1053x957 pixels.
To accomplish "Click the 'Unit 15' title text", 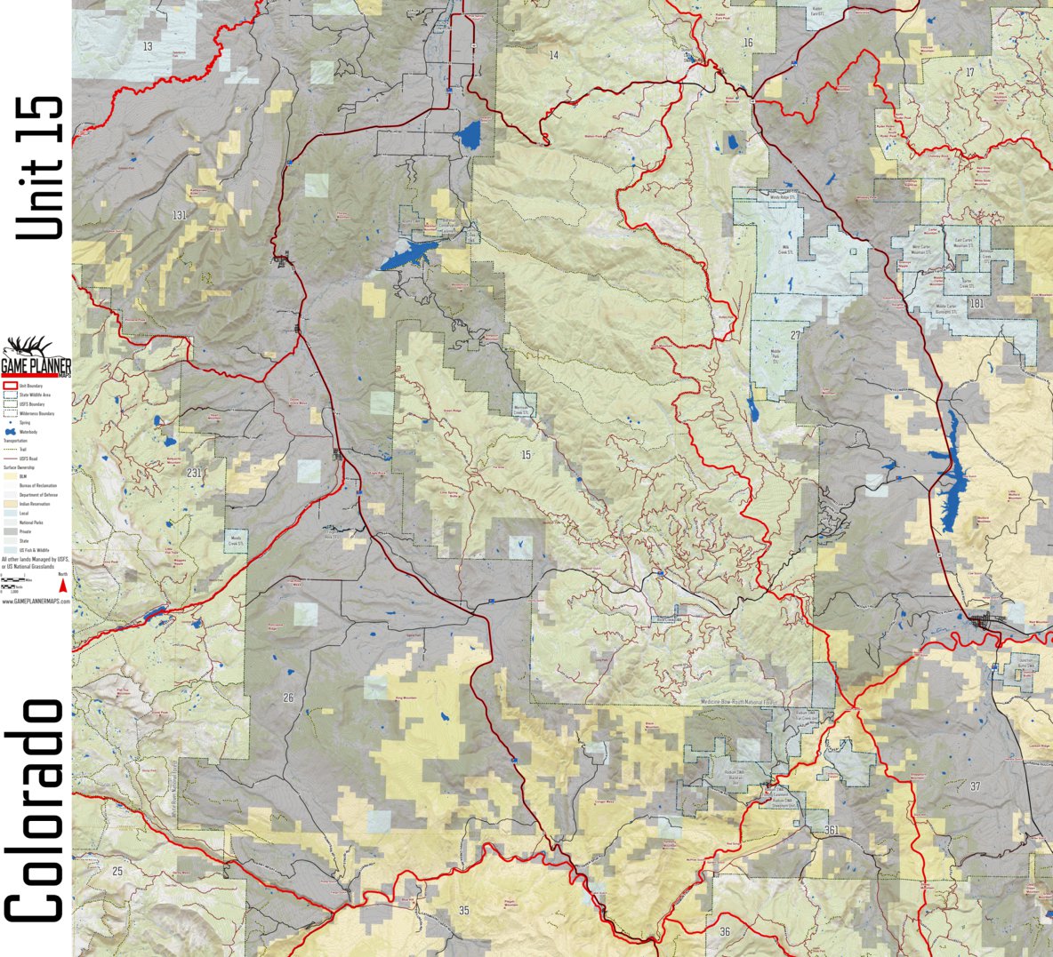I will click(41, 167).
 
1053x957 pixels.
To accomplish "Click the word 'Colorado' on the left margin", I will click(36, 809).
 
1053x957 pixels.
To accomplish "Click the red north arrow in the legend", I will click(62, 585).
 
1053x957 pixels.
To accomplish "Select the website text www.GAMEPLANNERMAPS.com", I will click(36, 602).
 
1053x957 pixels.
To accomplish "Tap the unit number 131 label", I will click(181, 215).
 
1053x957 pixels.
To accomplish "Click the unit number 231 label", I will click(195, 473).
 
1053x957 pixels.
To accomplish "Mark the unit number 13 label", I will click(148, 46).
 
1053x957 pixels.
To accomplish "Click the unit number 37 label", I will click(975, 786).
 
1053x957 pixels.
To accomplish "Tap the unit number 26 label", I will click(288, 698).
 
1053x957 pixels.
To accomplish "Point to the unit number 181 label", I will click(977, 304).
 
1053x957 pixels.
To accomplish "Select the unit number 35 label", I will click(463, 910).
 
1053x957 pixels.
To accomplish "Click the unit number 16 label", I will click(748, 43).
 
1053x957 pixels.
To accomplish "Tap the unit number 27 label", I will click(795, 335).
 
